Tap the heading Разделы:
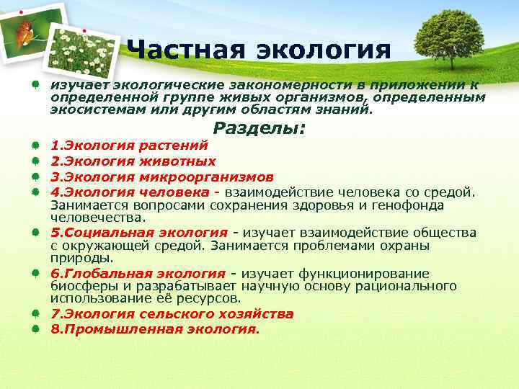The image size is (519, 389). (x=259, y=128)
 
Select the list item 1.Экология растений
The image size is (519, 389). (x=129, y=146)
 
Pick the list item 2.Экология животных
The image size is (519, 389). (x=133, y=161)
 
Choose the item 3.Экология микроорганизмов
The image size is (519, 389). (x=161, y=176)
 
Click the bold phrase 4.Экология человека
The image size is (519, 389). (x=130, y=192)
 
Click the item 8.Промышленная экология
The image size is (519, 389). (x=154, y=329)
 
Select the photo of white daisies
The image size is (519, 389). (x=83, y=50)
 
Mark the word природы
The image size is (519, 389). (x=79, y=258)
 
